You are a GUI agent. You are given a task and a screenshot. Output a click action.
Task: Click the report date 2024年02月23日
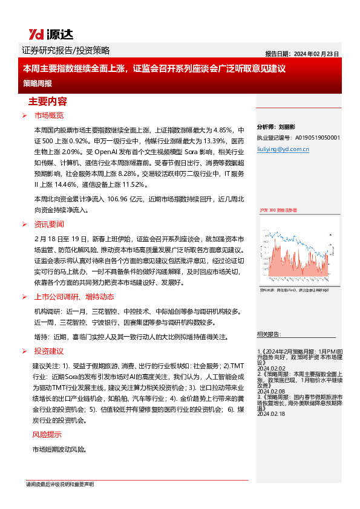[317, 53]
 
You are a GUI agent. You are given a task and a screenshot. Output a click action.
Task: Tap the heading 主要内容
[48, 101]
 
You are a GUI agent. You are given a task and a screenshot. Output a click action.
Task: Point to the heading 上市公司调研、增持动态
[74, 297]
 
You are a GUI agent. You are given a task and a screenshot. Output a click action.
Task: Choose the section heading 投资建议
[49, 351]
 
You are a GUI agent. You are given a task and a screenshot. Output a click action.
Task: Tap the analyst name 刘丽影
[287, 128]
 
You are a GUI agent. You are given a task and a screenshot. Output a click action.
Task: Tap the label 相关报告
[268, 334]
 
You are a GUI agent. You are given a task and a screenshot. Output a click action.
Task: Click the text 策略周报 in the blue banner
[38, 83]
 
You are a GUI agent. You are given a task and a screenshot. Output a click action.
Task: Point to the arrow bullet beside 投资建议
[25, 351]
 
